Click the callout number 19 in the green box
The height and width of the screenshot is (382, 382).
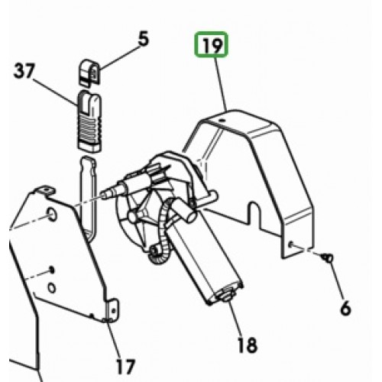click(211, 44)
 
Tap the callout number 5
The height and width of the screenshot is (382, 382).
click(144, 39)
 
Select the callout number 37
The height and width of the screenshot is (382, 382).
click(24, 71)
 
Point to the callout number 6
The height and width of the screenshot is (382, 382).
click(346, 307)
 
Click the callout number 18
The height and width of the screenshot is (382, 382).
click(248, 345)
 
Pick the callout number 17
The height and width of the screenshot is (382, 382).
click(125, 367)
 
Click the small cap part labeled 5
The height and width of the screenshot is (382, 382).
click(89, 72)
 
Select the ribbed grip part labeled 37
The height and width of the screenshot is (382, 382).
click(89, 121)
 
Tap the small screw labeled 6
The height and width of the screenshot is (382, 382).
click(328, 257)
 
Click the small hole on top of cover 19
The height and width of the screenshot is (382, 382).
click(223, 120)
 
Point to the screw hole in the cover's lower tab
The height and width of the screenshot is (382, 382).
click(290, 244)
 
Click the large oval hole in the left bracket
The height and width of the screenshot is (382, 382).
click(52, 214)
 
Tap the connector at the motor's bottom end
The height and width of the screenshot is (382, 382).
click(225, 296)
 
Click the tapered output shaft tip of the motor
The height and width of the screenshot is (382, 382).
click(105, 194)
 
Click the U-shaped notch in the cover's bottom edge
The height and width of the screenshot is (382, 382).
click(254, 212)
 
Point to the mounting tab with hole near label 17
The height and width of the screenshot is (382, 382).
click(113, 309)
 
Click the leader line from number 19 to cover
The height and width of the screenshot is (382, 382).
click(221, 83)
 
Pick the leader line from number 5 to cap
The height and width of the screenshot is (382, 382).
click(119, 57)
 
